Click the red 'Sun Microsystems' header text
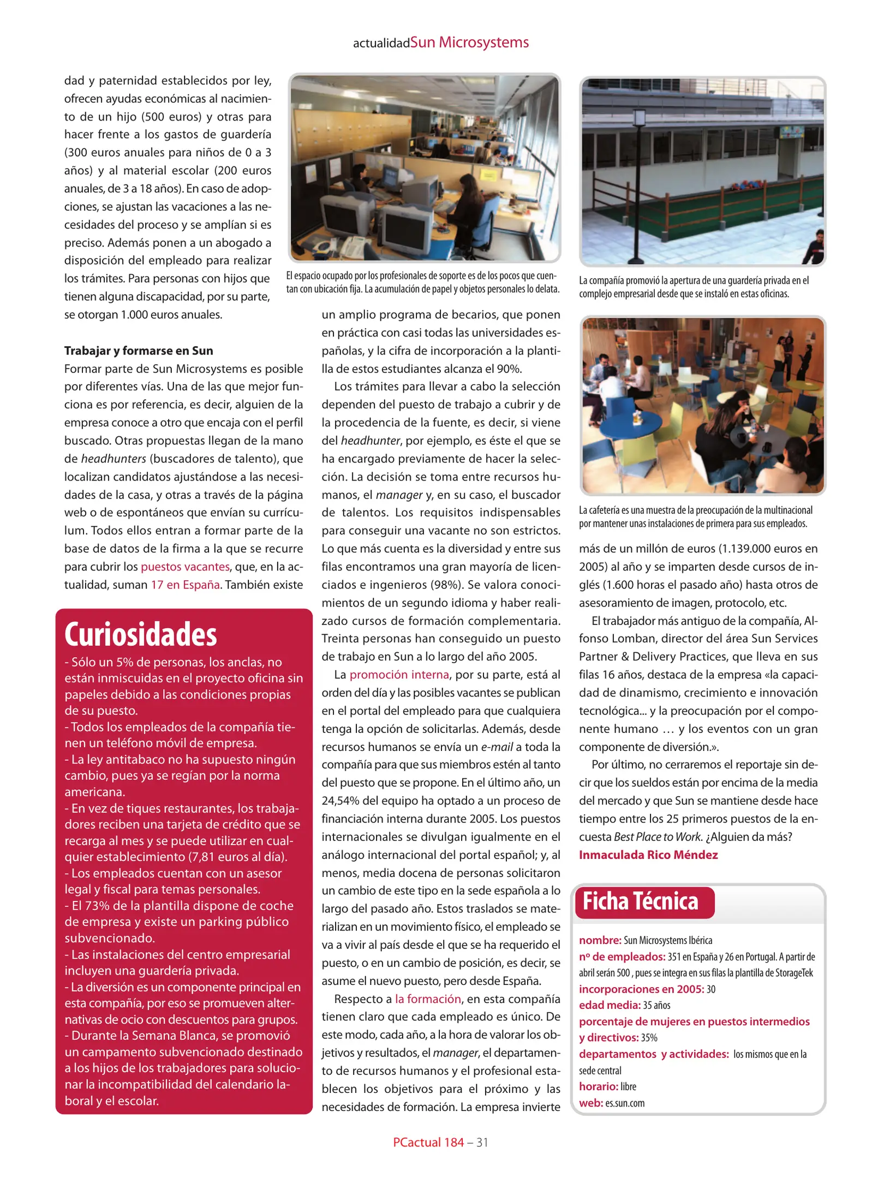pyautogui.click(x=469, y=43)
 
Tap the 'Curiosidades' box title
pyautogui.click(x=141, y=635)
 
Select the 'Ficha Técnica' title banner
pyautogui.click(x=640, y=901)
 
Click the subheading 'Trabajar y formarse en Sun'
pyautogui.click(x=139, y=351)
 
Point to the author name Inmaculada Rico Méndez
pyautogui.click(x=648, y=855)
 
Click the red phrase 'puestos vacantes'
pyautogui.click(x=185, y=567)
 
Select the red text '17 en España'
pyautogui.click(x=185, y=585)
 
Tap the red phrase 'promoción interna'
pyautogui.click(x=399, y=675)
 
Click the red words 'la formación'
pyautogui.click(x=428, y=999)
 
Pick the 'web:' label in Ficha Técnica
pyautogui.click(x=590, y=1103)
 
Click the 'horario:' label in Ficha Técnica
pyautogui.click(x=598, y=1086)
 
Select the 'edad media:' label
pyautogui.click(x=609, y=1005)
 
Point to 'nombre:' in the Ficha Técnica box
pyautogui.click(x=600, y=940)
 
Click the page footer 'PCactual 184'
pyautogui.click(x=428, y=1142)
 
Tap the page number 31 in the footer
pyautogui.click(x=482, y=1142)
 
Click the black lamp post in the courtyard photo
pyautogui.click(x=638, y=185)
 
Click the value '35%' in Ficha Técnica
pyautogui.click(x=649, y=1038)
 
